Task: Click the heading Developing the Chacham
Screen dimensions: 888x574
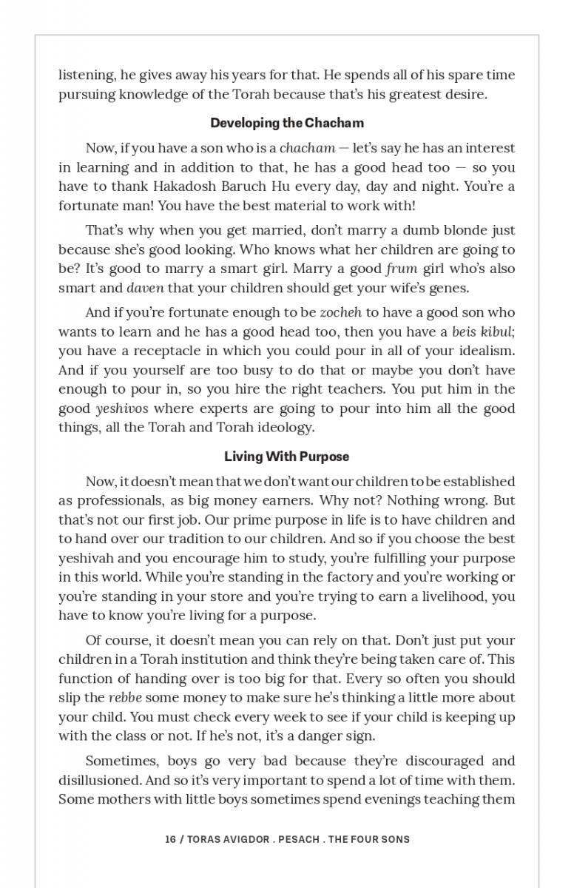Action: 287,123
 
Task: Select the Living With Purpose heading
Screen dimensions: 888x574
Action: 287,457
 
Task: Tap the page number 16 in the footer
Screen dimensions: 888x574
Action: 171,839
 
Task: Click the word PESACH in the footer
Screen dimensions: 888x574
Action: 299,839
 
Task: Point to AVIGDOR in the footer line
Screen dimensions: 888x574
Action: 243,839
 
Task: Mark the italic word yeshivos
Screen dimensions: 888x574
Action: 122,408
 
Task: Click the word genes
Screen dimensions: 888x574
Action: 451,288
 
